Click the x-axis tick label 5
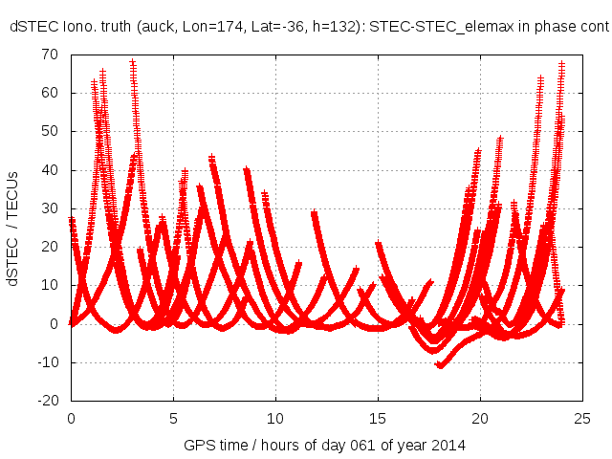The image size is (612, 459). pos(173,419)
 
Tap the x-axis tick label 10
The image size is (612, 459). pos(275,419)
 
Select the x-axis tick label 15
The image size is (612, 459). pos(378,419)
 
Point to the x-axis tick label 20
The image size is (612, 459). pos(480,419)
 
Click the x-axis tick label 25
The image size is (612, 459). pos(582,419)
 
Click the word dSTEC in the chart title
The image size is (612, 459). pos(31,28)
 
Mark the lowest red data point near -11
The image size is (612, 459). pos(440,365)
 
